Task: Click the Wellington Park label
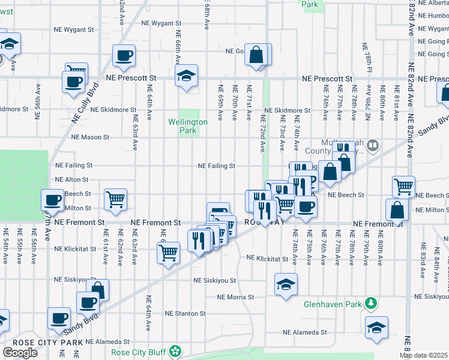[187, 126]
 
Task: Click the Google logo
[20, 353]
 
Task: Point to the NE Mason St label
[90, 137]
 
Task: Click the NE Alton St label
[71, 179]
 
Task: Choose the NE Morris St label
[236, 297]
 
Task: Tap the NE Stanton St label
[185, 313]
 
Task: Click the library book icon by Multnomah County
[372, 145]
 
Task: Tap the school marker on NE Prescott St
[187, 76]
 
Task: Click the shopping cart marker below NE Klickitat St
[169, 252]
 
